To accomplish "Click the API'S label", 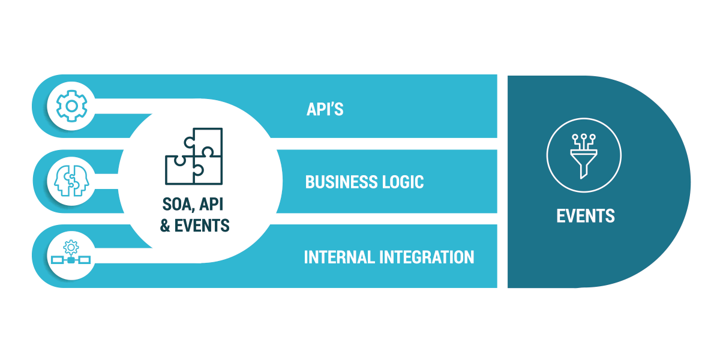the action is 325,109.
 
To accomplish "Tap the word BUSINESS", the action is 341,182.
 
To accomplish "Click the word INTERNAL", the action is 339,257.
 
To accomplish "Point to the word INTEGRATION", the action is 427,257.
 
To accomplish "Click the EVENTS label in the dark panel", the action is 586,215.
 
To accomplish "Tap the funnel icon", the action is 584,156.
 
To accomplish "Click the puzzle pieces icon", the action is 194,156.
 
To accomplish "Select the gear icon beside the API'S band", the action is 71,106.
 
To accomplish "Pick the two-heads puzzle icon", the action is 71,181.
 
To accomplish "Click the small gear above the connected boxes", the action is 71,247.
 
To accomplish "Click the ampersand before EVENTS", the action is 165,226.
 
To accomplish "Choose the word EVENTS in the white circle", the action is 202,226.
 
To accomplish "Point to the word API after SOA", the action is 211,205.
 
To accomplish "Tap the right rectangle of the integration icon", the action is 85,260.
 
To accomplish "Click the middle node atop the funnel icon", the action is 584,137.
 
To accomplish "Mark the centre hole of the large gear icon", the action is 71,106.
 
